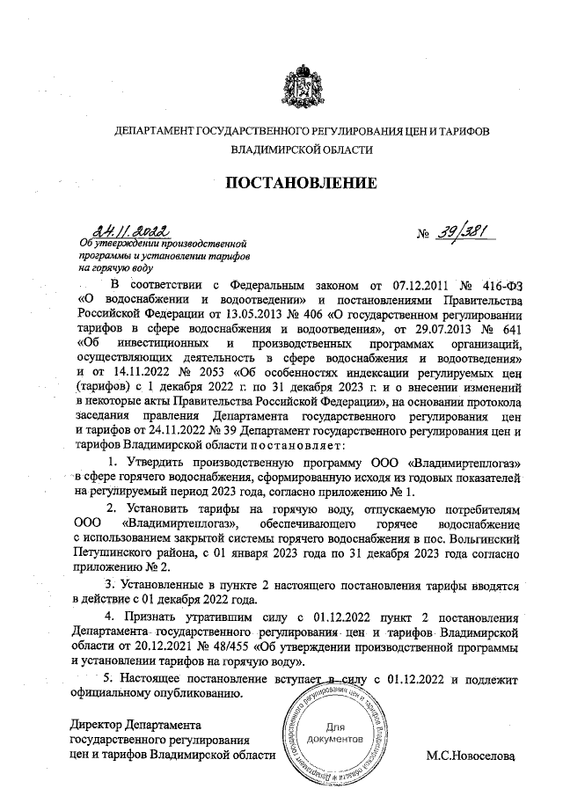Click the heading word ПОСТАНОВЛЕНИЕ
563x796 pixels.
(x=302, y=183)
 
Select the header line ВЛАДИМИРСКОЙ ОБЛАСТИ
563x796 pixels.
(x=302, y=150)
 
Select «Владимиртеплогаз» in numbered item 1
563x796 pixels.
(x=465, y=462)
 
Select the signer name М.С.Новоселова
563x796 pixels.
(x=469, y=755)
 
